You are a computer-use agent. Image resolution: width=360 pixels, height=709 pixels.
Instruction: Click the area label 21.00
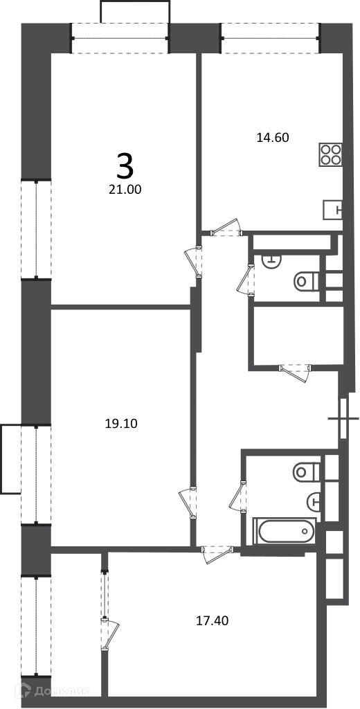pos(125,190)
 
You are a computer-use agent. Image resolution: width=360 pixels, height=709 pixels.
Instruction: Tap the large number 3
pos(125,165)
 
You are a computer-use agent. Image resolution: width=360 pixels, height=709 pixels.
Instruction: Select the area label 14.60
pos(273,138)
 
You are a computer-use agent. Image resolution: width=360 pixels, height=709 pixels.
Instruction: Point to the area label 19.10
pos(120,424)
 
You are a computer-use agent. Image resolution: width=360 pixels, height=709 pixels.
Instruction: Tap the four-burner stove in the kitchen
pos(330,154)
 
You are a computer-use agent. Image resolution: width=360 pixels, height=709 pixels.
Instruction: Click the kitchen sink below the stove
pos(333,209)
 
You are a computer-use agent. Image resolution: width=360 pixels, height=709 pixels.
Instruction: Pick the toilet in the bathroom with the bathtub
pos(307,472)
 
